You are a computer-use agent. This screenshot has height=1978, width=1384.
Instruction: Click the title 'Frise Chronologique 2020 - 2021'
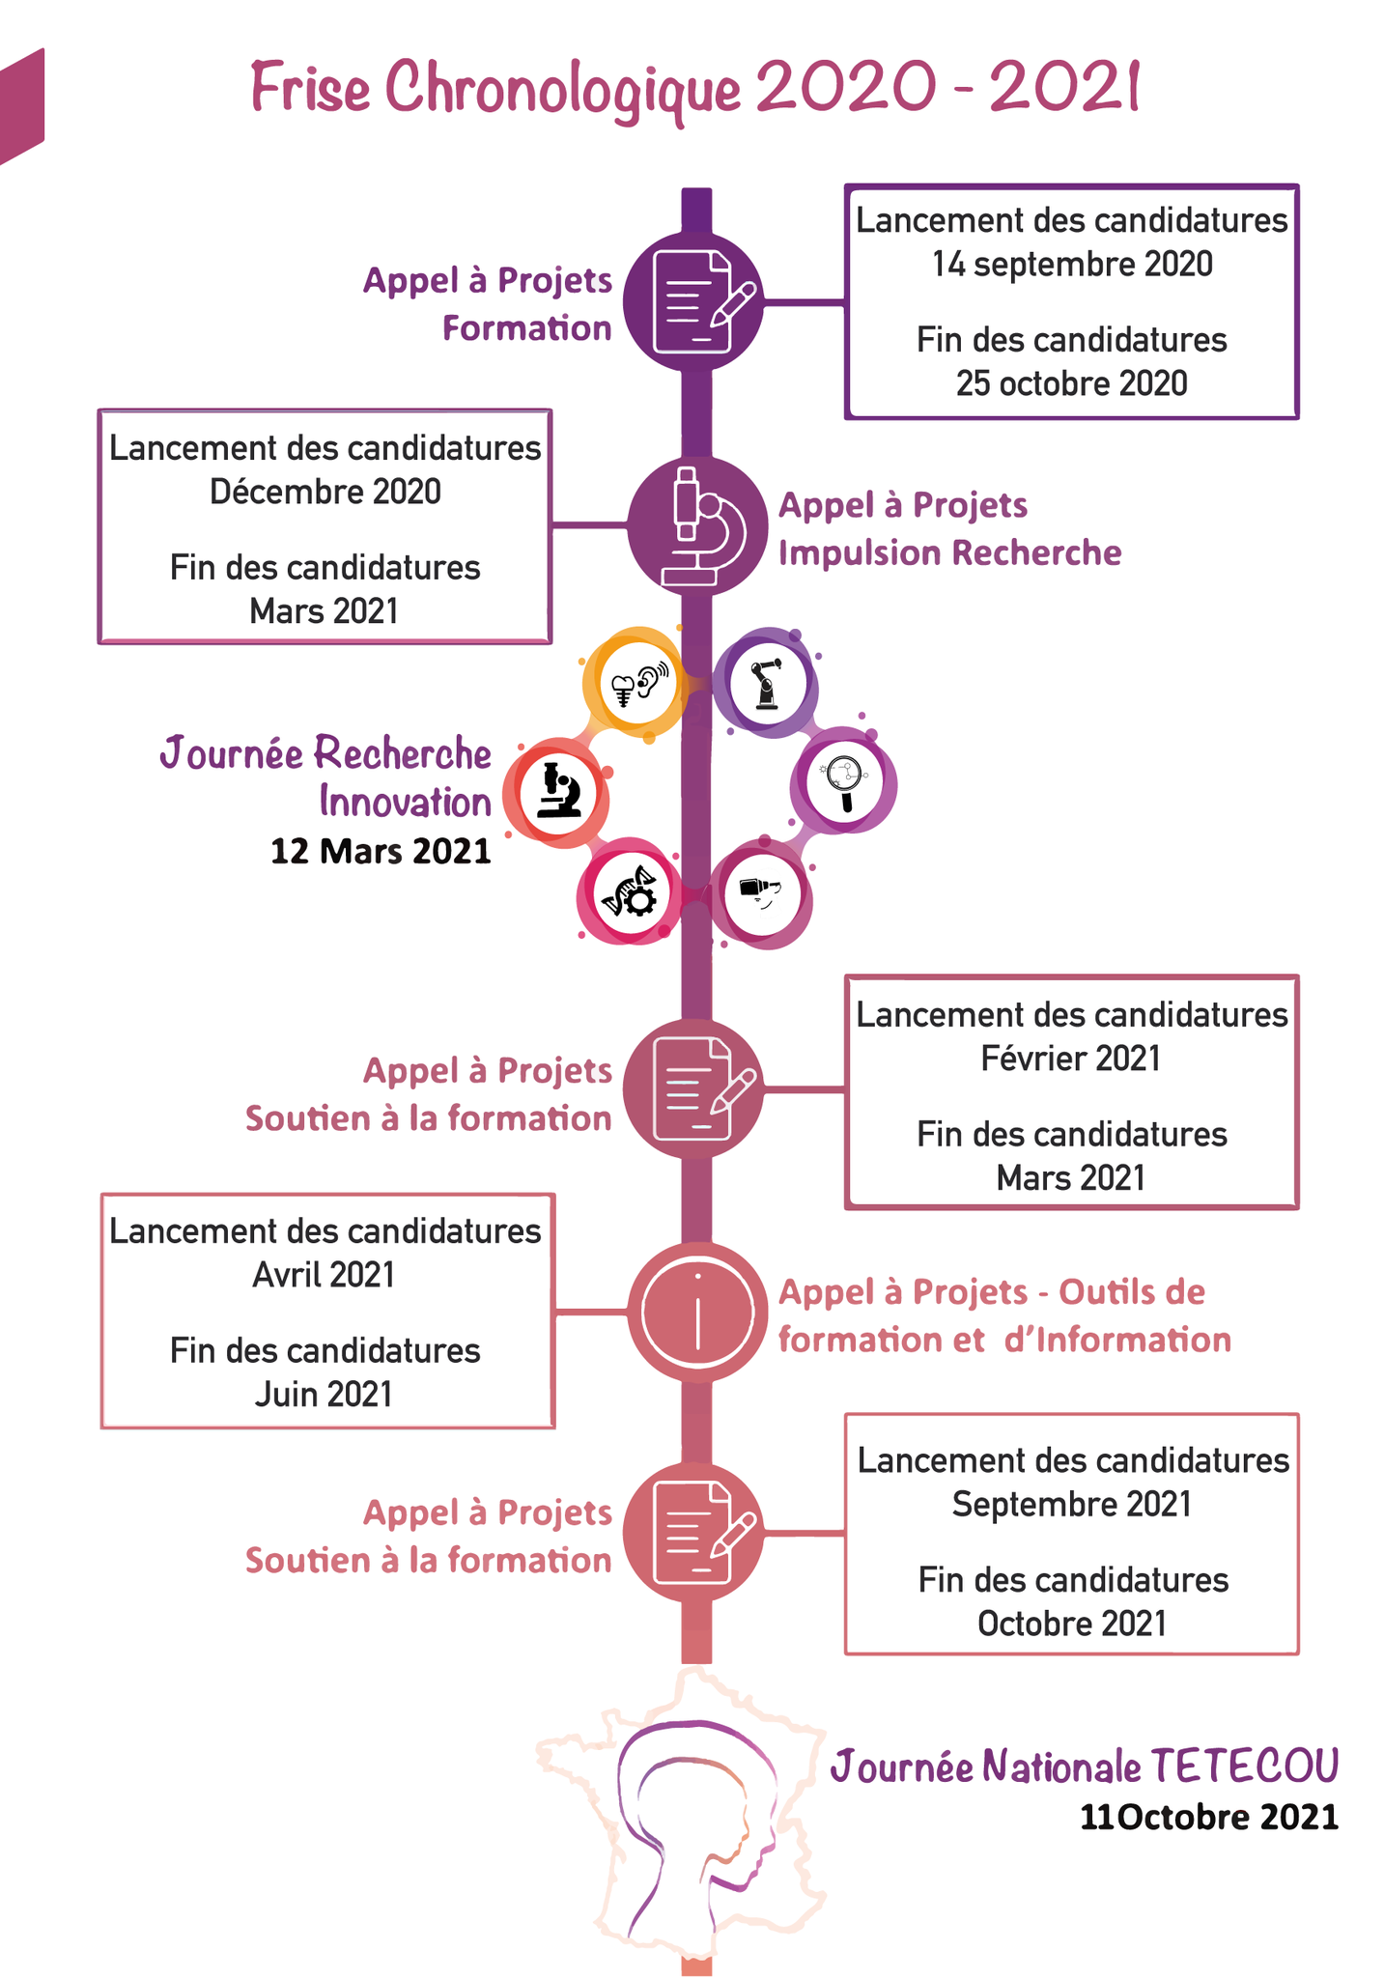coord(695,89)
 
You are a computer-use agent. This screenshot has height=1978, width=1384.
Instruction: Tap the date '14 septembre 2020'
coord(1071,265)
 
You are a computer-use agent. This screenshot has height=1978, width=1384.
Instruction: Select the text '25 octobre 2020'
coord(1071,384)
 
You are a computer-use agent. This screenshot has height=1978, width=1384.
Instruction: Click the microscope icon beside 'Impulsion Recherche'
coord(696,526)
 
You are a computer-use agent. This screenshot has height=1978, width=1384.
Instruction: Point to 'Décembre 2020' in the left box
coord(325,493)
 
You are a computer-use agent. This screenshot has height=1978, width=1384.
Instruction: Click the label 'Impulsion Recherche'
coord(949,553)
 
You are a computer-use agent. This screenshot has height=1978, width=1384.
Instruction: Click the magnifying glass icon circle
coord(843,782)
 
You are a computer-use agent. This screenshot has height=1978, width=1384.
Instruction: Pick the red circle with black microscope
coord(557,792)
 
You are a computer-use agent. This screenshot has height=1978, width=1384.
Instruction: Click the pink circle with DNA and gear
coord(631,892)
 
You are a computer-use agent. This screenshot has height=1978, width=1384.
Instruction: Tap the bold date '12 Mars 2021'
coord(381,852)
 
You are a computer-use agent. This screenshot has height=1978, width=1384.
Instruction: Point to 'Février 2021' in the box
coord(1070,1060)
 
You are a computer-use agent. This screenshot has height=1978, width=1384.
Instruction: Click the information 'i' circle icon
coord(696,1312)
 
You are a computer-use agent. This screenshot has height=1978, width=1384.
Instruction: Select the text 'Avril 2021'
coord(324,1276)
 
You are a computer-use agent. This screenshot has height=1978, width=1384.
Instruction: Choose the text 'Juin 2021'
coord(324,1395)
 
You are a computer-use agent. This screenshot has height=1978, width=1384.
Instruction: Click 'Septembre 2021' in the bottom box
coord(1071,1505)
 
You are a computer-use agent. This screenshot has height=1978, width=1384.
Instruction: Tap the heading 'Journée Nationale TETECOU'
coord(1084,1766)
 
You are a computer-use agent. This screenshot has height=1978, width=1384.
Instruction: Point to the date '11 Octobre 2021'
coord(1208,1818)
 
